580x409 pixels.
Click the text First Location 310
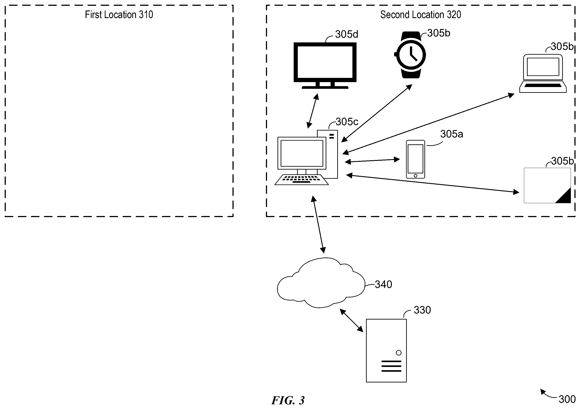pyautogui.click(x=119, y=15)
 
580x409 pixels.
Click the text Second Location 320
pyautogui.click(x=421, y=15)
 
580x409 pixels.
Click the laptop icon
pyautogui.click(x=543, y=73)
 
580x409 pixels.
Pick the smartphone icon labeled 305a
pyautogui.click(x=415, y=159)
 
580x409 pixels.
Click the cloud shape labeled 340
pyautogui.click(x=321, y=282)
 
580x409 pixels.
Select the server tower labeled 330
pyautogui.click(x=386, y=350)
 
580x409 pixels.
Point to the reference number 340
pyautogui.click(x=383, y=284)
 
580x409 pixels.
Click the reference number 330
pyautogui.click(x=422, y=310)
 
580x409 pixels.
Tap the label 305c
pyautogui.click(x=347, y=122)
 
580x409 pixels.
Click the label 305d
pyautogui.click(x=347, y=34)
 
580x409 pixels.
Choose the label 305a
pyautogui.click(x=452, y=134)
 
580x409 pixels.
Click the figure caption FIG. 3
pyautogui.click(x=288, y=400)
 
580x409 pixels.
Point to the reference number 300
pyautogui.click(x=567, y=399)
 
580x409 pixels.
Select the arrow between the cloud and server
pyautogui.click(x=351, y=320)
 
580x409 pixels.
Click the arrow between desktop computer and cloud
pyautogui.click(x=318, y=224)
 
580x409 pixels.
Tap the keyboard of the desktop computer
pyautogui.click(x=301, y=180)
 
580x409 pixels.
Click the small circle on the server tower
pyautogui.click(x=399, y=353)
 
